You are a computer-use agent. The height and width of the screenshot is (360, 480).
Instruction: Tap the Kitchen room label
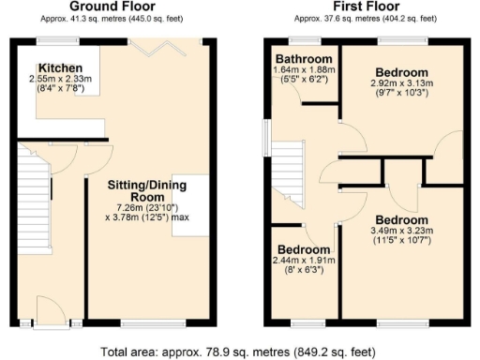click(60, 68)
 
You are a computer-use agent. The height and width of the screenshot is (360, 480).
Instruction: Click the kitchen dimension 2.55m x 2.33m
click(60, 80)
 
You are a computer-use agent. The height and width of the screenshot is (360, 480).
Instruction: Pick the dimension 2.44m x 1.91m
click(301, 261)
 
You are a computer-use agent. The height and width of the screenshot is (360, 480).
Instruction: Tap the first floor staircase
click(289, 182)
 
